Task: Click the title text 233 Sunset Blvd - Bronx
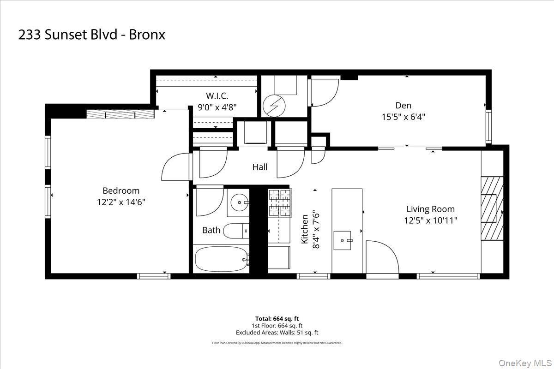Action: coord(91,35)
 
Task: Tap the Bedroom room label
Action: coord(121,190)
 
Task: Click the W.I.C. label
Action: coord(217,96)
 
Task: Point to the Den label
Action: coord(403,105)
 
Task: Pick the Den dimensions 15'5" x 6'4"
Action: coord(403,117)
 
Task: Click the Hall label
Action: coord(259,167)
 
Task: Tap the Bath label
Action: coord(211,230)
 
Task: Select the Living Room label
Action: coord(430,209)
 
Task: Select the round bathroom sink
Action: coord(239,202)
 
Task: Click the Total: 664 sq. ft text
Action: coord(277,319)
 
